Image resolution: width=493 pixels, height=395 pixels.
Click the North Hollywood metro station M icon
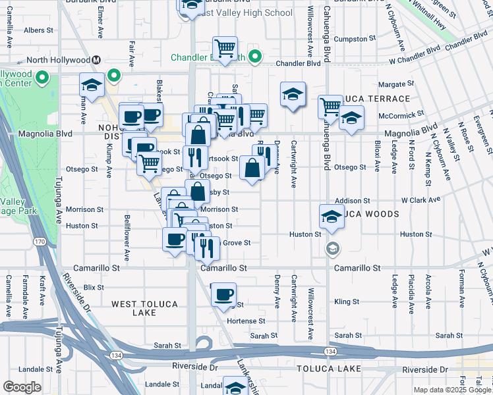[96, 60]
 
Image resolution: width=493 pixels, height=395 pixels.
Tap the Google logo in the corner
[22, 387]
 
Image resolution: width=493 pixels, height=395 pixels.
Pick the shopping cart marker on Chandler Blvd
[225, 49]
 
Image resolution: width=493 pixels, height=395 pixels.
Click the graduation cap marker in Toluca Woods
[332, 216]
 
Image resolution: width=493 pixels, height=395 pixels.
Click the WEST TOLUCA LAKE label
[143, 307]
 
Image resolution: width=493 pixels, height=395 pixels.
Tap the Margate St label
[397, 84]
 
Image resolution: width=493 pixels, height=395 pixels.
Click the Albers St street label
[38, 30]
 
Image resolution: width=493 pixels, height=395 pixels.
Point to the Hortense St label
[246, 321]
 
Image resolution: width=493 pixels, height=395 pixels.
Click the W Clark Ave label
[420, 200]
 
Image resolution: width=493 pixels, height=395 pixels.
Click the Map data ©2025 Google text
[451, 390]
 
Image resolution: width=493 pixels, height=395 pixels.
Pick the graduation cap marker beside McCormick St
[352, 118]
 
